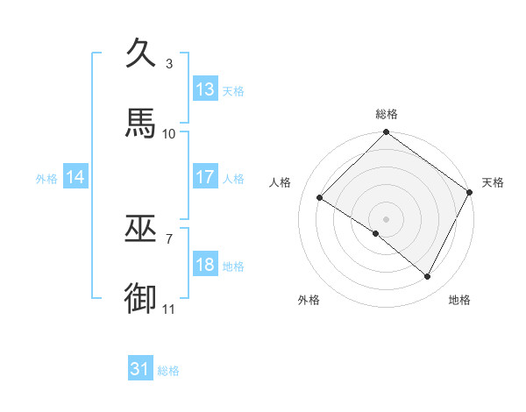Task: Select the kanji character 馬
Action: [142, 123]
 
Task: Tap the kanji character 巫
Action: [142, 229]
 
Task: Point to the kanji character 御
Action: [142, 298]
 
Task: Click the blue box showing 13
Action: [205, 89]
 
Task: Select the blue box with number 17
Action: [205, 177]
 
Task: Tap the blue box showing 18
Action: [205, 265]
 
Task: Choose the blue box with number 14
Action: [75, 177]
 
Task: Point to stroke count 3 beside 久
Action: [168, 64]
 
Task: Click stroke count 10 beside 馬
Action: [169, 133]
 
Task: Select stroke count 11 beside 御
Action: [169, 309]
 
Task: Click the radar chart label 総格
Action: [387, 114]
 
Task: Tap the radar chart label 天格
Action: [493, 182]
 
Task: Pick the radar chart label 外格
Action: [309, 300]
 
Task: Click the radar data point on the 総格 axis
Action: [387, 133]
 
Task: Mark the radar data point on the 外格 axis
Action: [376, 233]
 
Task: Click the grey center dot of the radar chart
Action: [387, 218]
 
